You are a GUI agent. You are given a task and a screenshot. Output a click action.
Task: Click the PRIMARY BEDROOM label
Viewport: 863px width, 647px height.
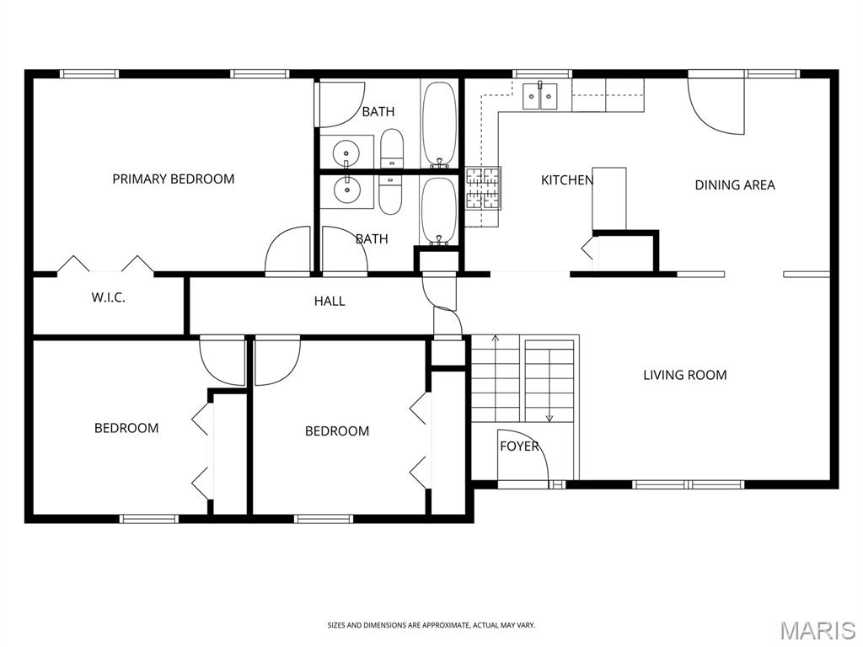(x=174, y=179)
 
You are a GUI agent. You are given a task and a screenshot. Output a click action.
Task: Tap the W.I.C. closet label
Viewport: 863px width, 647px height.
(x=108, y=297)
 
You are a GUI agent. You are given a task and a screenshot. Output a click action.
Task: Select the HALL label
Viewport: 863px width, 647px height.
(x=330, y=301)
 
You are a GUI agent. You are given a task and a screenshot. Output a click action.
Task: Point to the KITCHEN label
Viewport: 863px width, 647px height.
(x=566, y=179)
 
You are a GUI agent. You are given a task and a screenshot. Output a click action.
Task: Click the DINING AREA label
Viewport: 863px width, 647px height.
(x=734, y=184)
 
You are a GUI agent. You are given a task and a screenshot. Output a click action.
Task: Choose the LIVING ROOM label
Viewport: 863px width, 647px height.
(x=684, y=375)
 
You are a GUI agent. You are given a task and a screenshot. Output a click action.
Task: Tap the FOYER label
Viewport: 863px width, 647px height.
(x=518, y=446)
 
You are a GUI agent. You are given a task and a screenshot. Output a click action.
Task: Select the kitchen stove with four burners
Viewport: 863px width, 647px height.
(x=484, y=188)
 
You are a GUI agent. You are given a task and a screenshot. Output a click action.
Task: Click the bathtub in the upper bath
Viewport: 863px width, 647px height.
(x=439, y=122)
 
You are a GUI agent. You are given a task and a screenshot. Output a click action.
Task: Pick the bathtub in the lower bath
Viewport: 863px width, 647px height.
(x=438, y=210)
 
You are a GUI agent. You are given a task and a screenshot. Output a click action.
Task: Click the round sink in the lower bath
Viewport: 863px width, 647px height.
(x=346, y=191)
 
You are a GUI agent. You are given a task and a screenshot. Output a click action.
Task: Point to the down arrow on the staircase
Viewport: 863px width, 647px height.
(x=549, y=415)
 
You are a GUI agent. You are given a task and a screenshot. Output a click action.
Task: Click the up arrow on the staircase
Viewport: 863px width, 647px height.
(x=496, y=339)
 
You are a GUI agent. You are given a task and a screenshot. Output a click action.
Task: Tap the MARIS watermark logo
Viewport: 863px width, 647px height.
(x=817, y=630)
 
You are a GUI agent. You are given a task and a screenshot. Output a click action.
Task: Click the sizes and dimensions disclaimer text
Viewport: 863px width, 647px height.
(x=431, y=625)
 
